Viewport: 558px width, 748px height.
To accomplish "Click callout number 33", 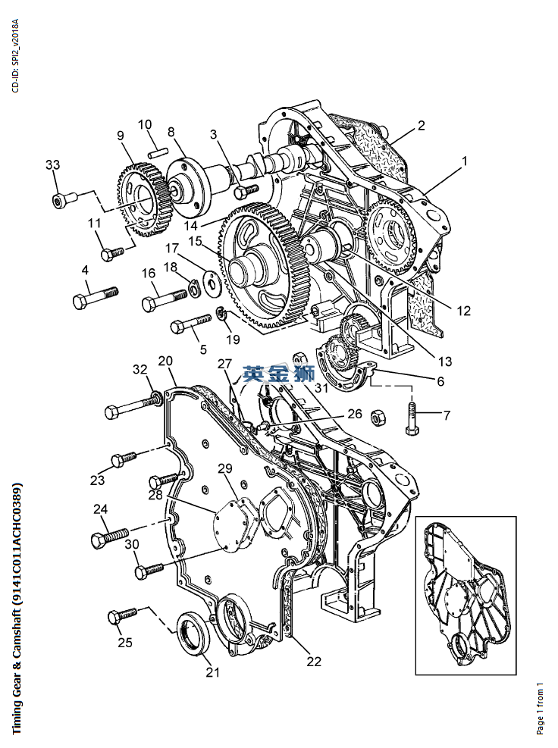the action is point(52,164).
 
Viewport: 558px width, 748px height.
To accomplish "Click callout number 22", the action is point(314,661).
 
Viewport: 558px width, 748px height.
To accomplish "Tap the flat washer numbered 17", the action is point(211,280).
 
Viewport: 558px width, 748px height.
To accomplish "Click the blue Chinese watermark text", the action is point(279,374).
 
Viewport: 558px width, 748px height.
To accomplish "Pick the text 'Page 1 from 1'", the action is point(540,708).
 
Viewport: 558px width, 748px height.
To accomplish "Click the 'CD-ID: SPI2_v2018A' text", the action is point(16,56).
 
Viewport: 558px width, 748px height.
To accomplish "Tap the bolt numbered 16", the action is point(165,299).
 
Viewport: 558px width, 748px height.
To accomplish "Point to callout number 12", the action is point(463,311).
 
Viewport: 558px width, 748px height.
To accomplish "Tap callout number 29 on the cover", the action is point(225,469).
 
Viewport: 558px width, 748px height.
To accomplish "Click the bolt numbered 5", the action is point(191,323).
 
